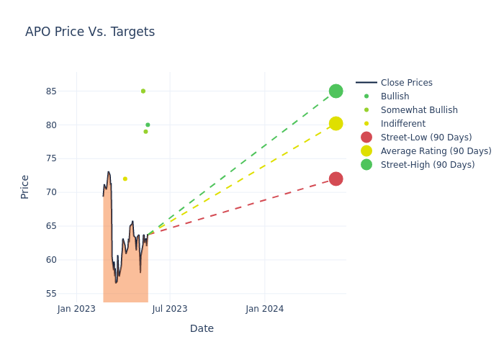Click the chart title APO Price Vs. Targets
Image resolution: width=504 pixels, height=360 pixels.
pos(90,32)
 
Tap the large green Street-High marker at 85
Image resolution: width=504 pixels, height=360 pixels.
pos(336,91)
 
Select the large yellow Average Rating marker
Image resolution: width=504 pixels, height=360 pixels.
pos(336,124)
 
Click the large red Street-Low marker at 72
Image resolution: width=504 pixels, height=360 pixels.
pos(336,179)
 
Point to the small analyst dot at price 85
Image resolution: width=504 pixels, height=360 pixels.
pos(143,91)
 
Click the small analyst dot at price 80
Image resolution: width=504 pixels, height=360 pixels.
pos(148,125)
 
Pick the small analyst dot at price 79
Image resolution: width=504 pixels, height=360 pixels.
pos(145,131)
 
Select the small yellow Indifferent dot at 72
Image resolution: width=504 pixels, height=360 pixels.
pos(125,179)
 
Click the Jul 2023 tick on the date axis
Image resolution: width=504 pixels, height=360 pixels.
pos(170,309)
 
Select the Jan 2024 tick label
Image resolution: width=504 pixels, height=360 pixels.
pos(264,309)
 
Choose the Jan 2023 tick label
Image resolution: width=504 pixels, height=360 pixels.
pos(76,309)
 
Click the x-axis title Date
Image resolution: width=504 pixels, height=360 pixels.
pos(202,328)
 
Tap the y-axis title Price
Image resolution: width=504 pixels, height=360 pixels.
pos(25,186)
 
